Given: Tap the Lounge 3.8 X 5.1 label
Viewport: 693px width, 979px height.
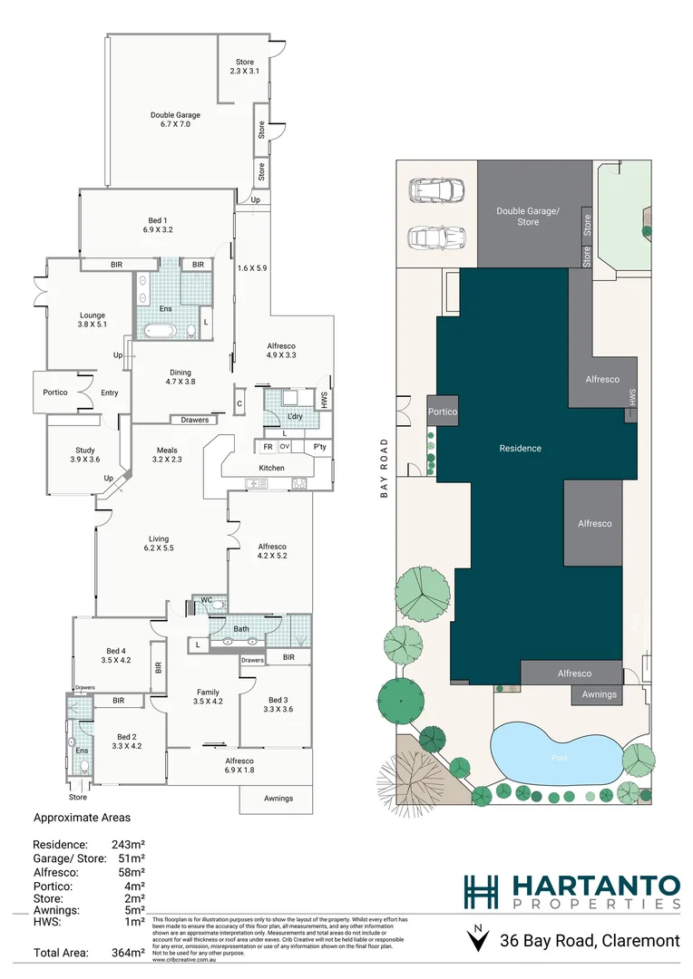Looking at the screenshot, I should [92, 321].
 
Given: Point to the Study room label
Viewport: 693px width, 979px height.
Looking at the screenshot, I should [85, 455].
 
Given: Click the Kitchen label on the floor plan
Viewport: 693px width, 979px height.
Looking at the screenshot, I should [271, 468].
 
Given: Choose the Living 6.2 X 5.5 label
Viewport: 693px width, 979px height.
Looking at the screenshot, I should [158, 543].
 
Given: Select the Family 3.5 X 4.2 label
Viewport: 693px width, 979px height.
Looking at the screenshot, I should [208, 695].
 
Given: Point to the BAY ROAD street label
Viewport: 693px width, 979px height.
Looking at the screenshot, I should [385, 469].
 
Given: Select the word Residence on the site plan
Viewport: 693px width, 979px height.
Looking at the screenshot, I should [520, 448].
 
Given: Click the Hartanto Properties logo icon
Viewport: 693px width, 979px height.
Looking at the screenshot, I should [480, 891].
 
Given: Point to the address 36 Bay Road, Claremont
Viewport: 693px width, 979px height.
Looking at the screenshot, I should [590, 941].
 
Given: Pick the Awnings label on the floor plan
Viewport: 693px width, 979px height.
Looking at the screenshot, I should [278, 798].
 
